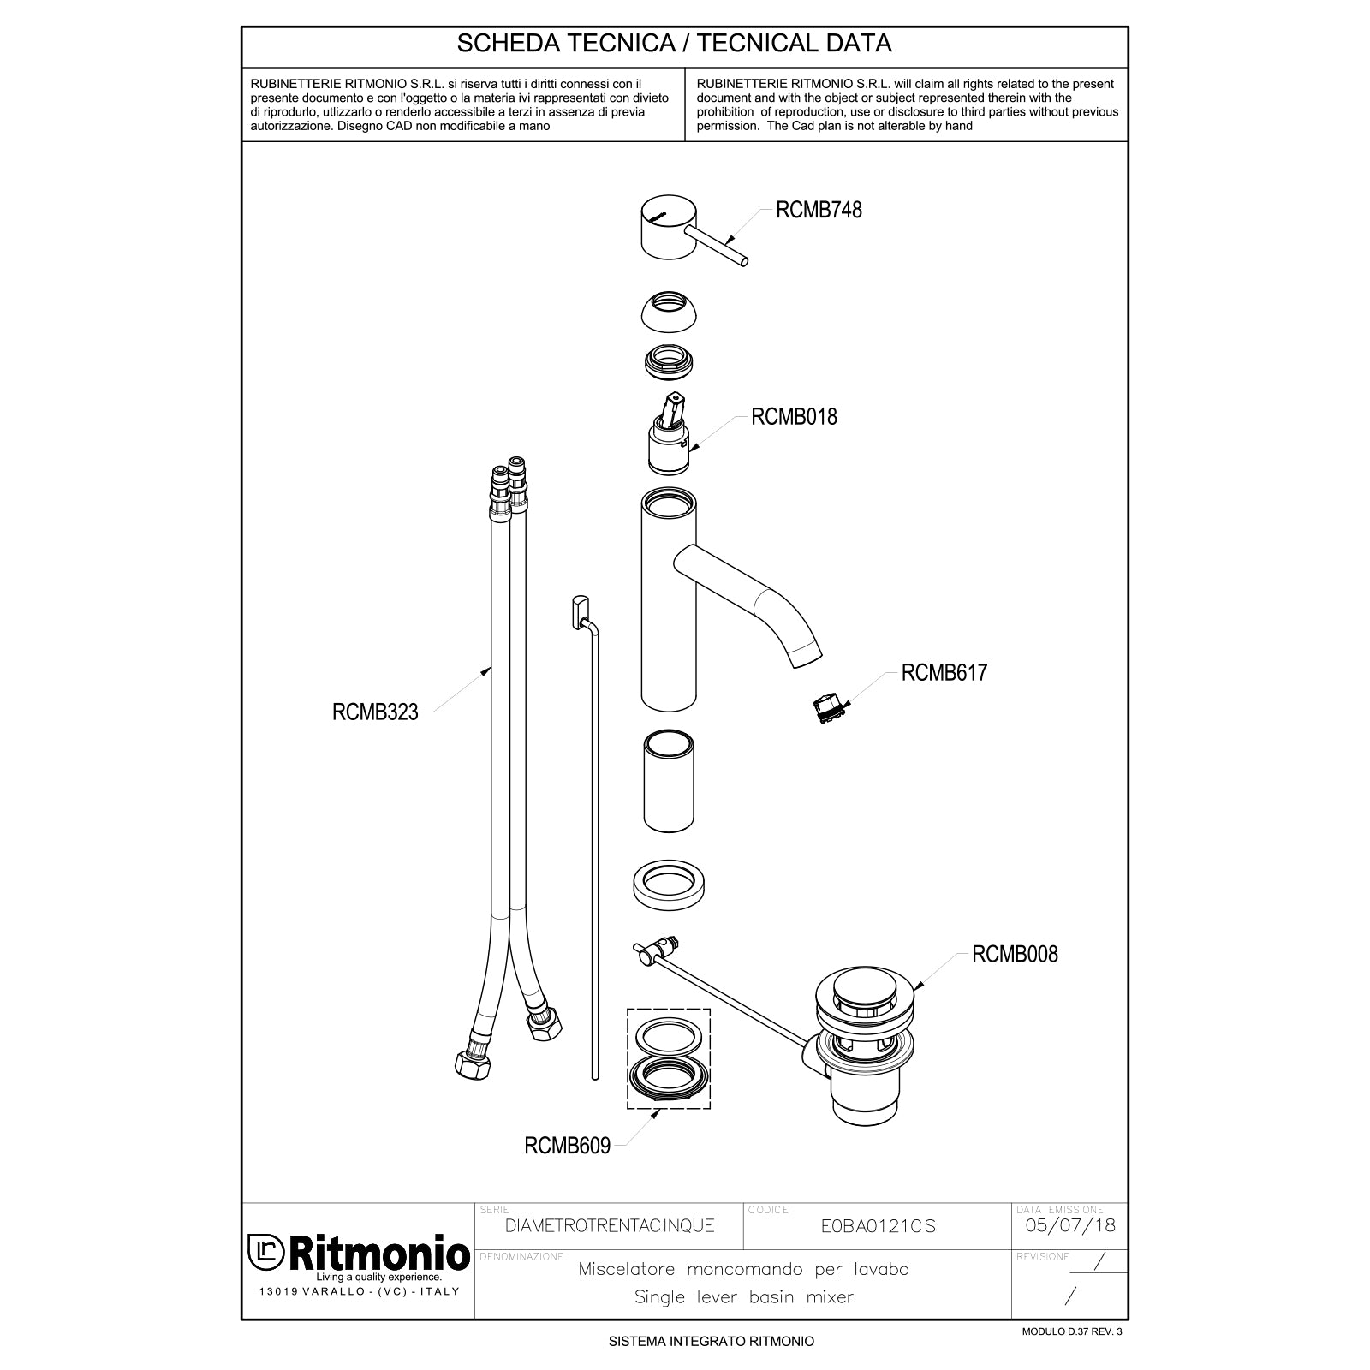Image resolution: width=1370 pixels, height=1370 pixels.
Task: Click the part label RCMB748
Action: pos(818,210)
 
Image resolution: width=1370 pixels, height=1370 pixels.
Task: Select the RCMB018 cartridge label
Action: pos(794,417)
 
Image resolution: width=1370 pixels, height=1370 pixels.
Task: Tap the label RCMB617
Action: pos(944,672)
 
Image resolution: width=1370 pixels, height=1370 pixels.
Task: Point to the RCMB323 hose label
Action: pos(375,712)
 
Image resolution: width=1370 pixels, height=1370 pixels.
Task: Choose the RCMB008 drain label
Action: pos(1014,954)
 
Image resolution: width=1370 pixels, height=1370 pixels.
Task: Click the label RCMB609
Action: pos(567,1146)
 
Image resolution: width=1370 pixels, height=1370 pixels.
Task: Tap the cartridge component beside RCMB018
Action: pos(669,445)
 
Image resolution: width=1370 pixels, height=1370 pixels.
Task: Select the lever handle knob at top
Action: pos(668,226)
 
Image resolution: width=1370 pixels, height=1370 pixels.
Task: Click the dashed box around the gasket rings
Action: pos(669,1058)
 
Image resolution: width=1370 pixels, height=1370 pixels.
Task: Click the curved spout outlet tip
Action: pos(807,656)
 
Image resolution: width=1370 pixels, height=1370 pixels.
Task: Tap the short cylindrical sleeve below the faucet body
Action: pos(669,782)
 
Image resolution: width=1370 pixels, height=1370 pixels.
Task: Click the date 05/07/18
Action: pos(1069,1225)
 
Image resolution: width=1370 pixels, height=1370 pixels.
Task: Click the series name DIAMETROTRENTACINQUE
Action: pos(610,1226)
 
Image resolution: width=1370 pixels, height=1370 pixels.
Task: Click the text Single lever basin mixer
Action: pos(743,1297)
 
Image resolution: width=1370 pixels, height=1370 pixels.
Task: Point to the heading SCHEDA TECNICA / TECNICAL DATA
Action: pos(675,44)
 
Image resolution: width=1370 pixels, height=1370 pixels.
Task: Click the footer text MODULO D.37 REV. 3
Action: pos(1071,1331)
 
